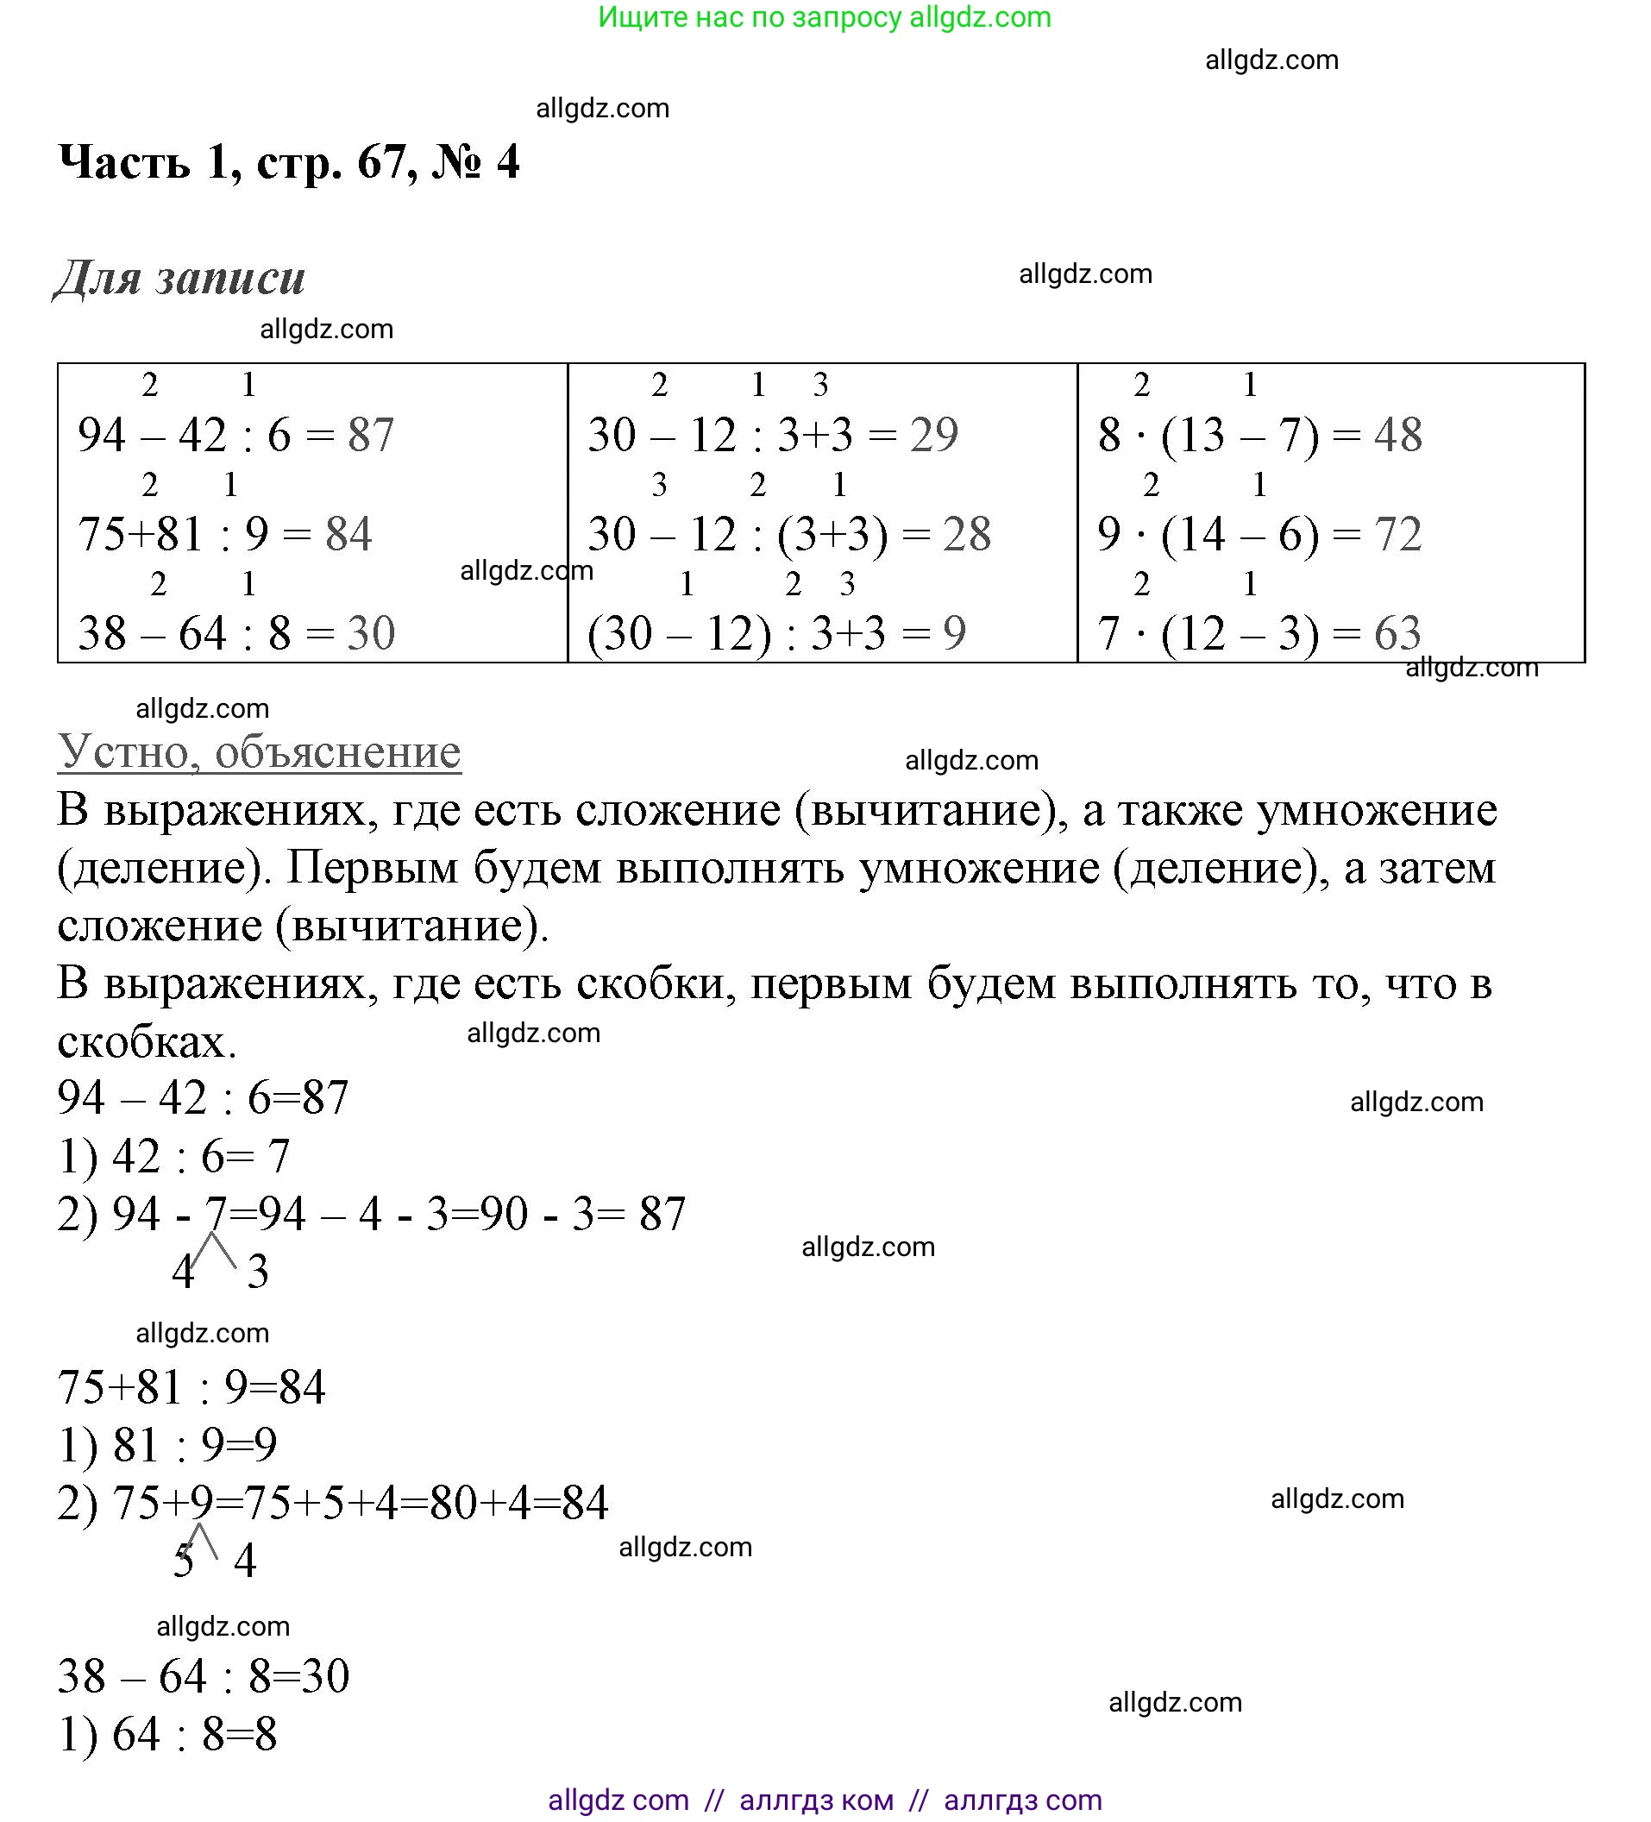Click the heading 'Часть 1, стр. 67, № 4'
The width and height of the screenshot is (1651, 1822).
tap(288, 163)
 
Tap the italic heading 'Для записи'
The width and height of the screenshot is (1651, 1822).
tap(179, 278)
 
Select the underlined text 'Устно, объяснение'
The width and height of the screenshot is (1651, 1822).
tap(260, 751)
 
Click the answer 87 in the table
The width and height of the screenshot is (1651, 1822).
tap(372, 435)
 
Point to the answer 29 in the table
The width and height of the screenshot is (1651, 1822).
tap(933, 435)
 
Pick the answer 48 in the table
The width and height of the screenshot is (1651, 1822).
tap(1397, 435)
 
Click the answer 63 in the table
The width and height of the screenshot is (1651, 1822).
tap(1397, 632)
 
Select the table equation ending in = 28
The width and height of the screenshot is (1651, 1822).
tap(788, 534)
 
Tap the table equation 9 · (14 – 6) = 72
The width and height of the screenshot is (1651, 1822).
tap(1259, 534)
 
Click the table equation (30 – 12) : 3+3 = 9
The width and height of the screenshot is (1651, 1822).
tap(775, 632)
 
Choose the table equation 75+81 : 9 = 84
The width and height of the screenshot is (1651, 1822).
tap(224, 534)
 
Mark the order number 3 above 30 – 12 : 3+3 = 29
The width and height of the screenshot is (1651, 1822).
tap(819, 386)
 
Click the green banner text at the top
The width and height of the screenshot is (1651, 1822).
tap(824, 17)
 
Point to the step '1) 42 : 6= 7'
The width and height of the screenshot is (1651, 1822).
tap(173, 1156)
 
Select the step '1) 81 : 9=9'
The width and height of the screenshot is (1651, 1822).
tap(167, 1445)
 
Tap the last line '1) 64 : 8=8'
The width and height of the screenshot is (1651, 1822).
tap(167, 1734)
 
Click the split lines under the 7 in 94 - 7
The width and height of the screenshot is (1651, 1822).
tap(213, 1252)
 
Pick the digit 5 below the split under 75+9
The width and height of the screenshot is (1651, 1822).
tap(184, 1561)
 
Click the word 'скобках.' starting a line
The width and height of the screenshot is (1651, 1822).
tap(147, 1042)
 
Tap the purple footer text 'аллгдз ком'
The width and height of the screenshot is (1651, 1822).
tap(816, 1800)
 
